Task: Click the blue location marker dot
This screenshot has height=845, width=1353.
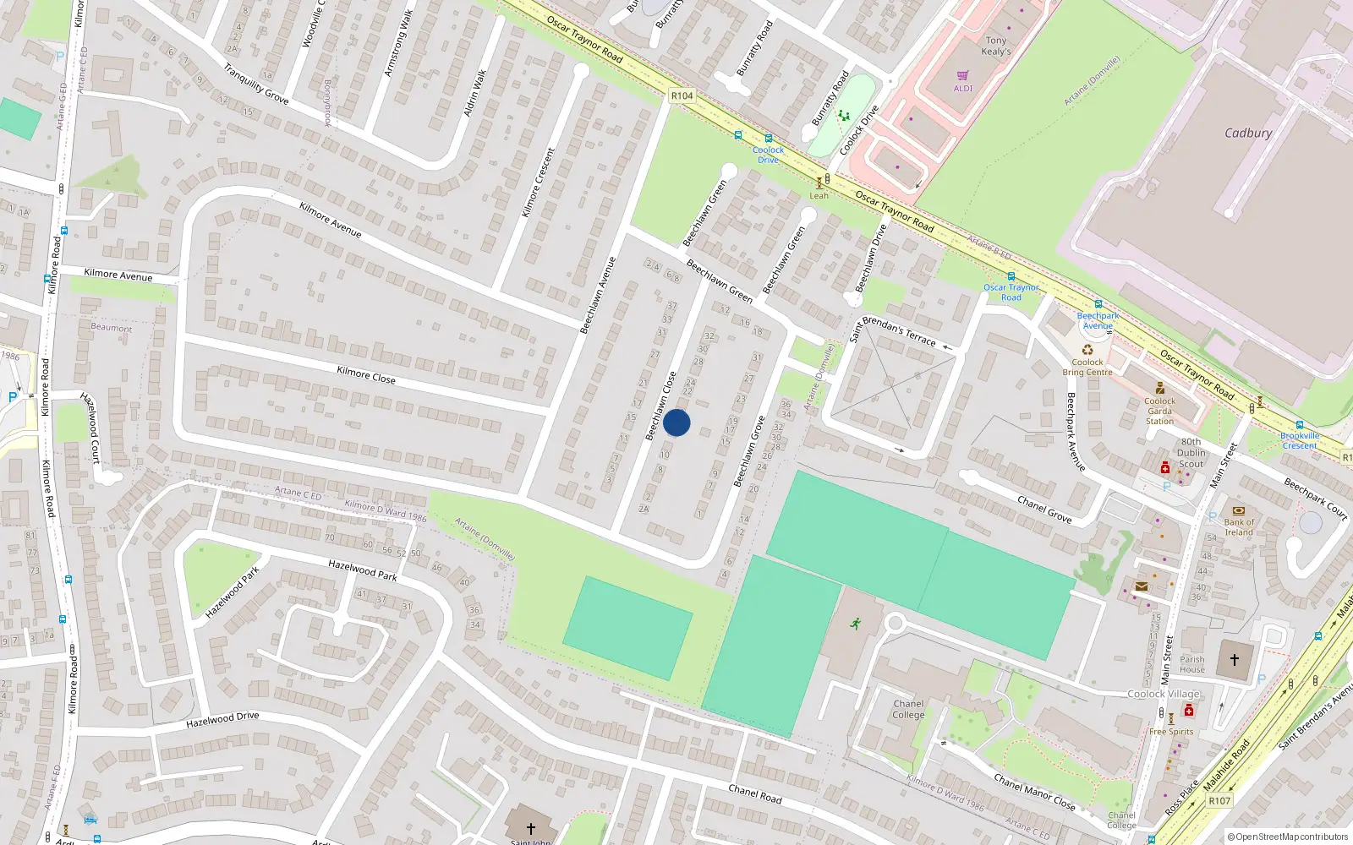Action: pyautogui.click(x=676, y=422)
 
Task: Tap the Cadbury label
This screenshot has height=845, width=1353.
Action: pyautogui.click(x=1248, y=134)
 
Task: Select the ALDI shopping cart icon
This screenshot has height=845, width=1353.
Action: pyautogui.click(x=963, y=76)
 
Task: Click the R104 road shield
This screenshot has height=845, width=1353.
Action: pyautogui.click(x=682, y=95)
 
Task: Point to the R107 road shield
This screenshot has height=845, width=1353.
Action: pyautogui.click(x=1219, y=800)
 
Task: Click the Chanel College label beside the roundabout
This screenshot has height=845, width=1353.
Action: pyautogui.click(x=908, y=709)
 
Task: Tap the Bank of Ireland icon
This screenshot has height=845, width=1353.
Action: pyautogui.click(x=1239, y=511)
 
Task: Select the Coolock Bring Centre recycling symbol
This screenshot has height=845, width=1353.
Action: pyautogui.click(x=1087, y=350)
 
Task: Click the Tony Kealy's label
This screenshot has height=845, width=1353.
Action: pyautogui.click(x=996, y=46)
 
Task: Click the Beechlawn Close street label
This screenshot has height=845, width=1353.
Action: pyautogui.click(x=660, y=406)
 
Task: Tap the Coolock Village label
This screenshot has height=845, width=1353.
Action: pyautogui.click(x=1164, y=694)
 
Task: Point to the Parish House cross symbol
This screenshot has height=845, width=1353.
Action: pyautogui.click(x=1235, y=660)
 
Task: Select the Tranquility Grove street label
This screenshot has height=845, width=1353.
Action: pyautogui.click(x=255, y=84)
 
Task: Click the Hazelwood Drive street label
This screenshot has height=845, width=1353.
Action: pyautogui.click(x=222, y=720)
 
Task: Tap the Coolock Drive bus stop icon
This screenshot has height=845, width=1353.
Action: pyautogui.click(x=768, y=139)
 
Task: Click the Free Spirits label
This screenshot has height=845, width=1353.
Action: pyautogui.click(x=1171, y=732)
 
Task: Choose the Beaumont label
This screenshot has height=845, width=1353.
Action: pyautogui.click(x=112, y=327)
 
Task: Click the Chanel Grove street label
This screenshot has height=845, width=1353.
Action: pyautogui.click(x=1044, y=510)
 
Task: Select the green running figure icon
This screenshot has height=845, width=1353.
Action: pyautogui.click(x=856, y=624)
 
